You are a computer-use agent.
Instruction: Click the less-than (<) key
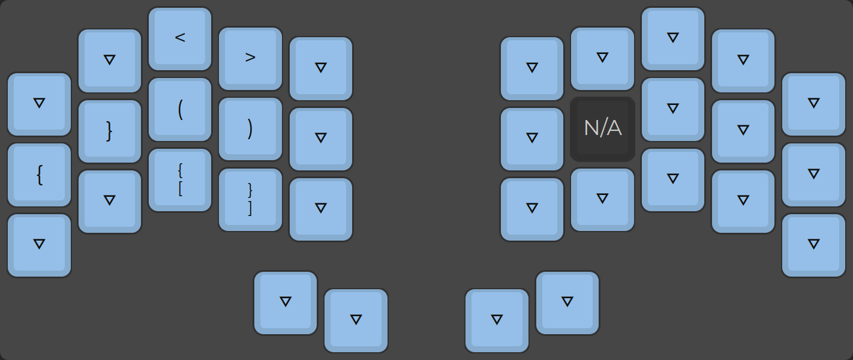[x=180, y=38]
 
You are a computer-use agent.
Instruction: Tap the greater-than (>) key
[x=250, y=58]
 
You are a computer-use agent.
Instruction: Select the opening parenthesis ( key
[x=180, y=109]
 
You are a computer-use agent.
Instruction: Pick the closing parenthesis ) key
[x=250, y=129]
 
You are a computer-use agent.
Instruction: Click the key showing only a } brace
[x=109, y=131]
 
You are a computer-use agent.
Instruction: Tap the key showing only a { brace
[x=39, y=175]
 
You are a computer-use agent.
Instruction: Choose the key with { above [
[x=180, y=179]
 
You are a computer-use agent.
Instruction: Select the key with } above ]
[x=250, y=199]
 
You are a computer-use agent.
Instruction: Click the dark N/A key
[x=602, y=129]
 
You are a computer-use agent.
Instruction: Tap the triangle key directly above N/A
[x=602, y=58]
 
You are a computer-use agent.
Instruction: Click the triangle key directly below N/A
[x=602, y=199]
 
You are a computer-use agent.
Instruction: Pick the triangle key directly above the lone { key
[x=39, y=104]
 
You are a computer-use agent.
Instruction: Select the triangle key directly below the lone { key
[x=39, y=245]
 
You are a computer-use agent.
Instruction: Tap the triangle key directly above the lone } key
[x=109, y=60]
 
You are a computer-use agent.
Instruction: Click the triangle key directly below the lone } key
[x=109, y=201]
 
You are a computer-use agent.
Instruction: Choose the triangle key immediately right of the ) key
[x=320, y=139]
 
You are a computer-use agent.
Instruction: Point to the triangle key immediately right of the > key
[x=320, y=68]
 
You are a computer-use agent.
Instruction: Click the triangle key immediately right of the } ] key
[x=320, y=209]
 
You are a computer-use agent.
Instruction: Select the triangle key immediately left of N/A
[x=531, y=139]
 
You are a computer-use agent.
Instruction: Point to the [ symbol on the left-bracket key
[x=180, y=188]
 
